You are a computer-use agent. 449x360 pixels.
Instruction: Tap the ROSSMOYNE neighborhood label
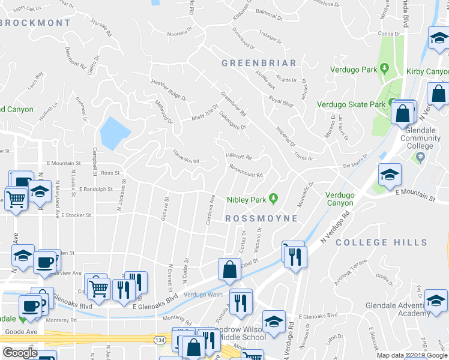pos(261,218)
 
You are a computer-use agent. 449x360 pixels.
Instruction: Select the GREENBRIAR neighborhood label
pos(259,63)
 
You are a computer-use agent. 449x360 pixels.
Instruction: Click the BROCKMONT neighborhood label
pos(36,23)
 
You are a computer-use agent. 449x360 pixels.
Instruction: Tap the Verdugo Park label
pos(355,70)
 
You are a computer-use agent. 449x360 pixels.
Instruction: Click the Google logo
pos(20,352)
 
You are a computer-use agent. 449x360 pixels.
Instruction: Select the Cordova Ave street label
pos(210,209)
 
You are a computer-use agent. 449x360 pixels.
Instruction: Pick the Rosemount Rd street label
pos(246,175)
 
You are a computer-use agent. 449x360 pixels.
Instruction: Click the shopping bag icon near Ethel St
pos(230,271)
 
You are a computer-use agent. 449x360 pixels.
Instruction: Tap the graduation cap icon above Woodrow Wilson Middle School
pos(274,322)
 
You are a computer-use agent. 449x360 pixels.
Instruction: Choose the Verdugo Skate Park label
pos(351,104)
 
